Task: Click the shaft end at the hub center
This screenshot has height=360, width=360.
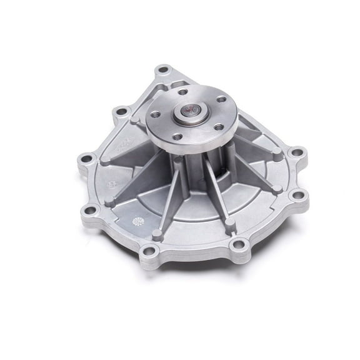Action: tap(189, 114)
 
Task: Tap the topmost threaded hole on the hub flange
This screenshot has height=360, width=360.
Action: tap(182, 92)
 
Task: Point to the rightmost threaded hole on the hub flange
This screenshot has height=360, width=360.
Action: tap(220, 99)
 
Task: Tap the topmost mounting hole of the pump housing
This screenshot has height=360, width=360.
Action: tap(162, 69)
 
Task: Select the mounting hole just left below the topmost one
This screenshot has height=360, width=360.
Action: tap(121, 112)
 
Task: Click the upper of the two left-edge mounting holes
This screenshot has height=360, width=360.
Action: tap(87, 158)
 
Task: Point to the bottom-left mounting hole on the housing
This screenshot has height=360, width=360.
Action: tap(148, 252)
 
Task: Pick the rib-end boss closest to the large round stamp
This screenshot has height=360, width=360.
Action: tap(157, 234)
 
